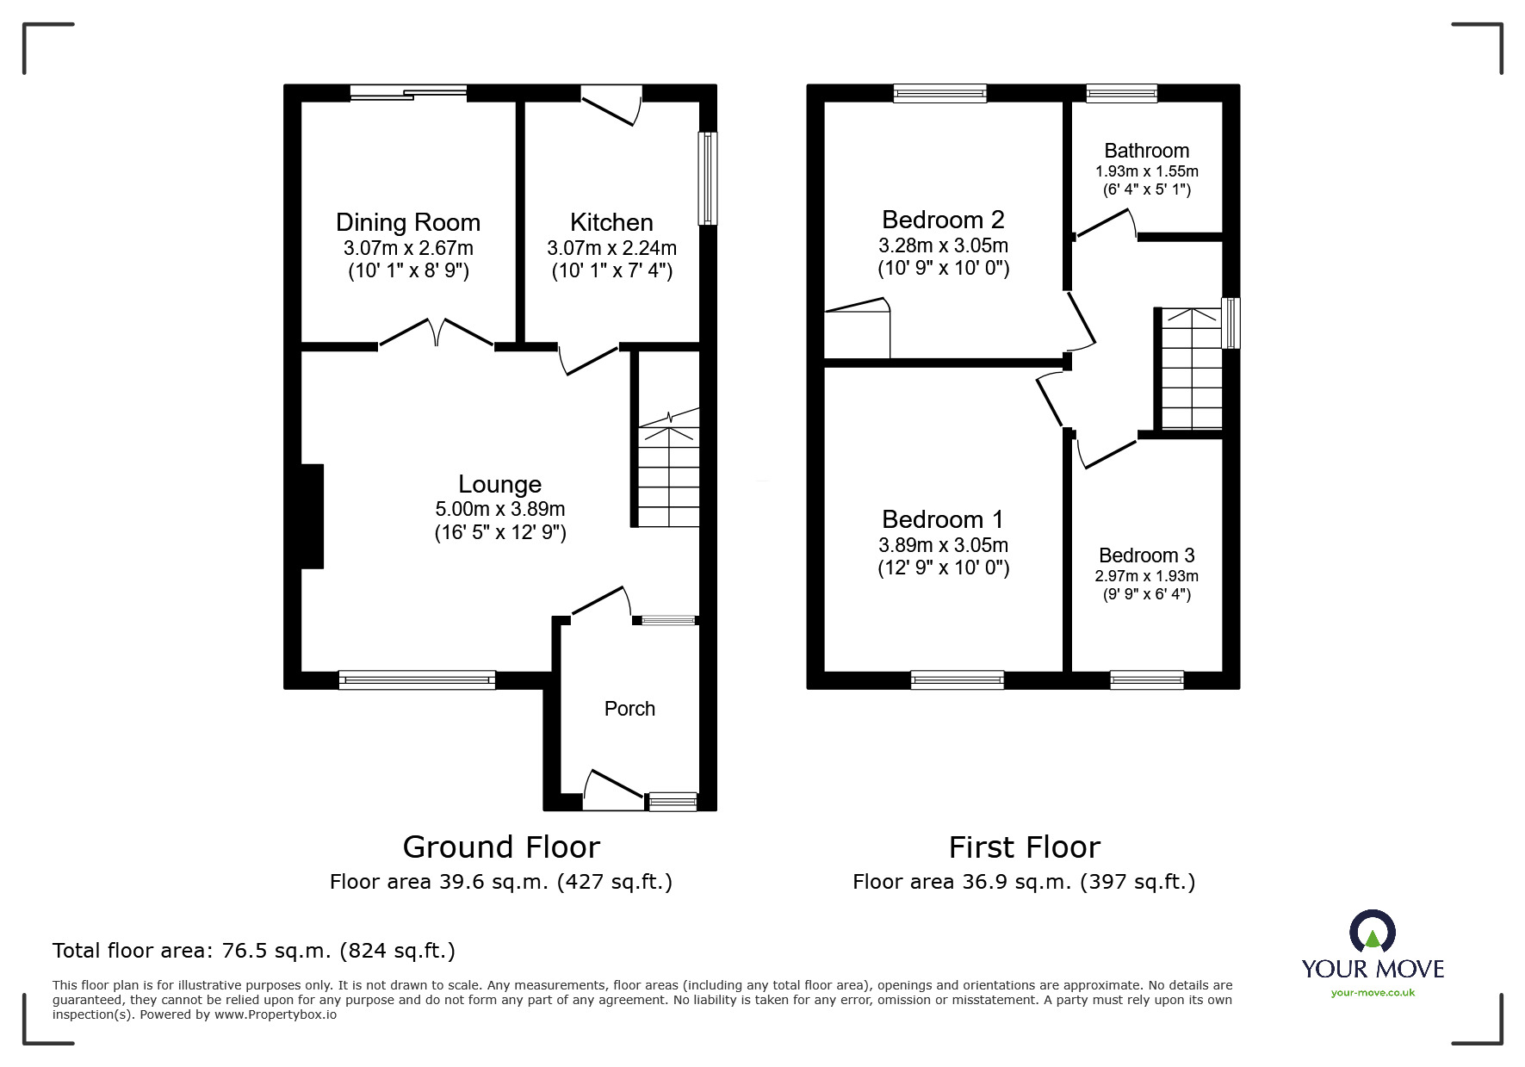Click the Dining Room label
(408, 222)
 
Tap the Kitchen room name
(611, 222)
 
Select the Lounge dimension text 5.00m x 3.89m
(500, 509)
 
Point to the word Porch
(629, 709)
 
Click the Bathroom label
(1146, 151)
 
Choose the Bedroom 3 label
(1146, 555)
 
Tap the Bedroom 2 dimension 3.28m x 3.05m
(943, 245)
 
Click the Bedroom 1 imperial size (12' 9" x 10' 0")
(943, 568)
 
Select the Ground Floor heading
(501, 847)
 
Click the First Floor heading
(1025, 847)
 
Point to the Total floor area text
(254, 951)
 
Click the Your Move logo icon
(1372, 932)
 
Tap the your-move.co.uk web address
(1373, 993)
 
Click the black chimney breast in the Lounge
(312, 516)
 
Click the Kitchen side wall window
(707, 178)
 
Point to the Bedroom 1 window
(958, 680)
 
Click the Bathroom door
(1106, 224)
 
